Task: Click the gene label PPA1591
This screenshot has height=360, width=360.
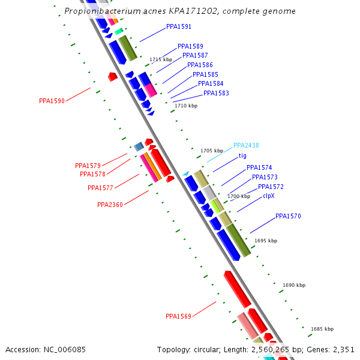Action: (x=179, y=27)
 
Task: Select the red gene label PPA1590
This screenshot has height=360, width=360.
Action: (x=52, y=101)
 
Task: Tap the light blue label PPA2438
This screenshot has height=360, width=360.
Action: (x=246, y=145)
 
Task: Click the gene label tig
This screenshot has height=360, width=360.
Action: (x=242, y=155)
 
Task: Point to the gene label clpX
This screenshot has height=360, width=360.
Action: (x=268, y=196)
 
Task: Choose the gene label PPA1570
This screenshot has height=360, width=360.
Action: (x=288, y=216)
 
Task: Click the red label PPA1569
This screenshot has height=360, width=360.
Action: (x=178, y=316)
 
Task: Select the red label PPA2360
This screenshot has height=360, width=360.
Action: (x=110, y=205)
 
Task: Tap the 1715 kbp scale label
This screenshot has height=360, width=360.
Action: (x=161, y=59)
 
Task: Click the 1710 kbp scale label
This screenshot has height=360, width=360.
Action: (x=185, y=106)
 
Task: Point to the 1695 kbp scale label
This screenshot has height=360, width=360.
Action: (x=266, y=241)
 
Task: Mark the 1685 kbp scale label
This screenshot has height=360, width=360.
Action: (x=322, y=329)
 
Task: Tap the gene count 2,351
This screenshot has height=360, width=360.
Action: (x=343, y=349)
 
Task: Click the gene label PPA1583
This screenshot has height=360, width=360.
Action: (x=216, y=93)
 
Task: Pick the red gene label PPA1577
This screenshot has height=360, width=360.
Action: (x=100, y=188)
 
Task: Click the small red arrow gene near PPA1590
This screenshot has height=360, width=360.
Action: (x=112, y=76)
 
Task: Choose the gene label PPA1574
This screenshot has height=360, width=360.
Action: (x=259, y=167)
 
